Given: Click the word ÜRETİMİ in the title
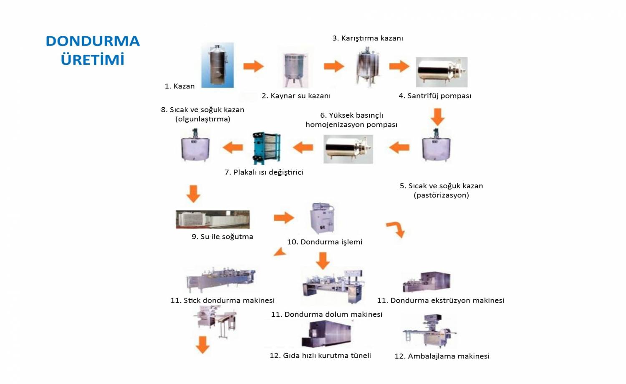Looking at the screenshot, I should tap(93, 60).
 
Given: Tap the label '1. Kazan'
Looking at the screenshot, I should tap(179, 86).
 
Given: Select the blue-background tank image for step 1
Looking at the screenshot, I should tap(217, 65).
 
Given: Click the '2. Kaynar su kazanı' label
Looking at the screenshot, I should tap(296, 96).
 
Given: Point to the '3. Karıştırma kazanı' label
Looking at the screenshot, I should tap(367, 38).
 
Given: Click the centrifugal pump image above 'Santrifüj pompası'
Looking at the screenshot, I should tap(442, 72).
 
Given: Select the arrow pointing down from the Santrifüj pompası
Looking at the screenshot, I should tap(437, 117).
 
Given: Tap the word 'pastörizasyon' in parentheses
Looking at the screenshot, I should tap(441, 195).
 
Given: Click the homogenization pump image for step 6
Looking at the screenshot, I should tap(348, 149).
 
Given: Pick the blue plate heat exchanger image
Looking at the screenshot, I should tap(266, 148).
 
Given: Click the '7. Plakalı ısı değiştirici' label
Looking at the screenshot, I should tap(264, 172).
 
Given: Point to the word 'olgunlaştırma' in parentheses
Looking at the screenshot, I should tap(203, 119).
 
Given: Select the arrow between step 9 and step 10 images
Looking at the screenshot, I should tap(284, 217).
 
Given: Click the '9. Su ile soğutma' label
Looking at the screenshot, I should tap(222, 237).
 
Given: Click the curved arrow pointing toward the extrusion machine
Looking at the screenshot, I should tap(396, 229).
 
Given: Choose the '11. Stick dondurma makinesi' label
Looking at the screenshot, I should tap(222, 301).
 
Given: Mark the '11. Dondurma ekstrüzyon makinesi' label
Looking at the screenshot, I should tap(441, 301).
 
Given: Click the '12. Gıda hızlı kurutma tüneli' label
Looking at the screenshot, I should tap(320, 356).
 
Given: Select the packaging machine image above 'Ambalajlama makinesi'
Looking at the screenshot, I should tap(429, 332).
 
